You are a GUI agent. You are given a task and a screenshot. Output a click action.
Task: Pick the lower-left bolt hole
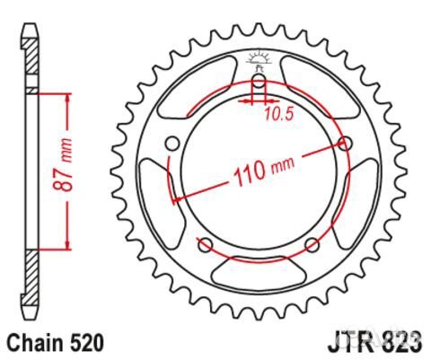point(205,245)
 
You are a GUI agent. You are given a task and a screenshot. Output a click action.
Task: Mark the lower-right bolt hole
point(312,245)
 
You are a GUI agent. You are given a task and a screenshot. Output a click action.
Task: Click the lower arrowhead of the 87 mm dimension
point(66,246)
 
